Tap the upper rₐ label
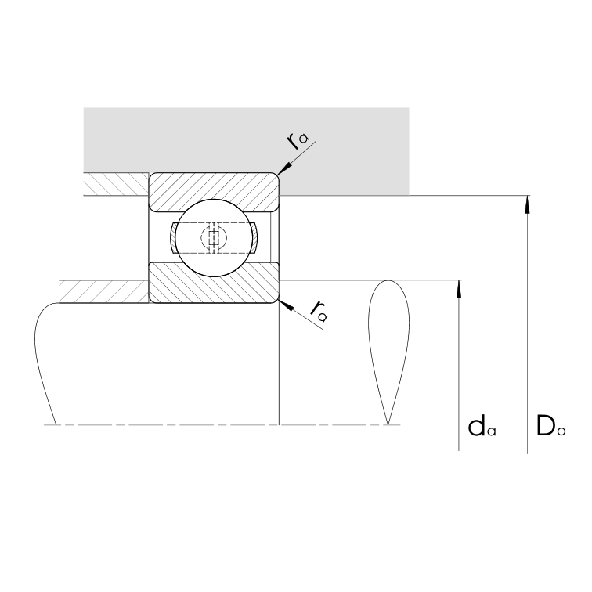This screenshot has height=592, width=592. tap(298, 141)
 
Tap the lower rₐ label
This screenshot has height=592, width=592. tap(319, 312)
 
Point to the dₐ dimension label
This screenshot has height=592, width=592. tap(482, 428)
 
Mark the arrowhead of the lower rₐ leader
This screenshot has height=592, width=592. tap(285, 305)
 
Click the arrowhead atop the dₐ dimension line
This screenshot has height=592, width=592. tap(459, 290)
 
